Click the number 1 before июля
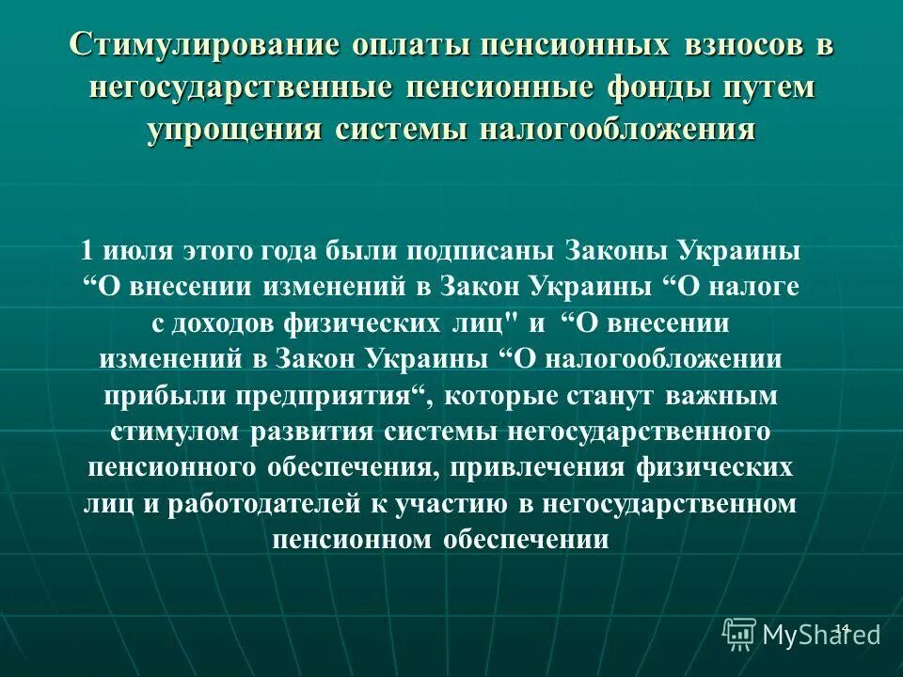[87, 252]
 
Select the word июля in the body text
[135, 252]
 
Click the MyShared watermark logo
[802, 634]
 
